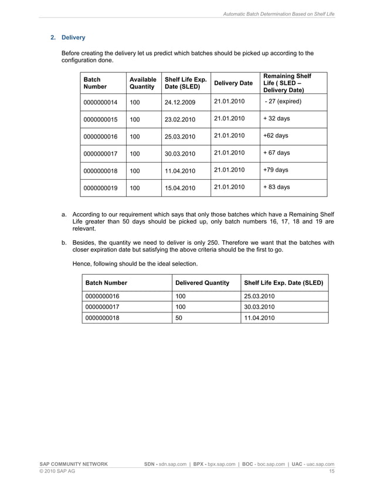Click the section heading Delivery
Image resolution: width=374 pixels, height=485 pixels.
coord(73,38)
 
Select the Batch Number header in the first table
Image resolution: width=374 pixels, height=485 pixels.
coord(96,83)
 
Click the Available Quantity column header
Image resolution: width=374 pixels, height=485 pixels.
coord(143,83)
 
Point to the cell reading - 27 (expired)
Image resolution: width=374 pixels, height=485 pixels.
coord(283,102)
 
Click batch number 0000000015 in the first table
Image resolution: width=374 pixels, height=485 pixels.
coord(101,119)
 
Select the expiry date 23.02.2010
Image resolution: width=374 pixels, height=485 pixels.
coord(180,119)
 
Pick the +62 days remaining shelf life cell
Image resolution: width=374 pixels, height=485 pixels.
coord(276,136)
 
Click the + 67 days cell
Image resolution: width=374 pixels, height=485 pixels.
coord(277,153)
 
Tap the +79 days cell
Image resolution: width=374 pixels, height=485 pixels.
coord(276,170)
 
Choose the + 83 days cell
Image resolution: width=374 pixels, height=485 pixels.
coord(277,188)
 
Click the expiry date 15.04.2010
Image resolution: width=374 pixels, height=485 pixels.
coord(180,188)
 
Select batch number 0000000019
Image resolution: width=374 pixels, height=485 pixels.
coord(101,188)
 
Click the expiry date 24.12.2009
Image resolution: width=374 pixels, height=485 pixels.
coord(180,102)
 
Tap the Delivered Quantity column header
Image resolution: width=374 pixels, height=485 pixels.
coord(202,283)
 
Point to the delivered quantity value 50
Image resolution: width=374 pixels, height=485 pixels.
coord(180,318)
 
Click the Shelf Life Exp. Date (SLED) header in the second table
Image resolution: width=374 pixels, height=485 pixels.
coord(283,283)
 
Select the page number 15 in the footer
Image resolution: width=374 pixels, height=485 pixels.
coord(331,471)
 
